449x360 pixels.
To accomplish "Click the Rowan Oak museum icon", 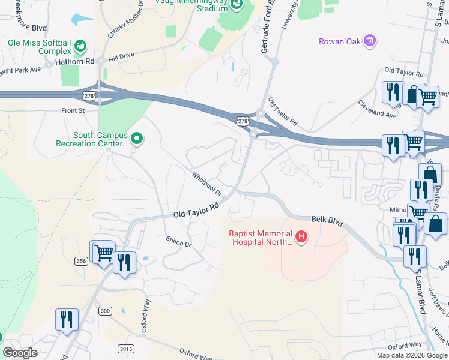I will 370,41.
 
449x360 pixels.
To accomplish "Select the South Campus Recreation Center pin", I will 137,139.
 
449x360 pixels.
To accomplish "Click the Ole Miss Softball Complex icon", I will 80,46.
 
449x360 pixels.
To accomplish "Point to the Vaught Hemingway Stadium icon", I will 237,5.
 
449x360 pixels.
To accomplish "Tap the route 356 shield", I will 82,260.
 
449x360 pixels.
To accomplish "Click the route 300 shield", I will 105,310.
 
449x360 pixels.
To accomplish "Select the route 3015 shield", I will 126,349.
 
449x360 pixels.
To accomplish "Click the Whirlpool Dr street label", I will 207,184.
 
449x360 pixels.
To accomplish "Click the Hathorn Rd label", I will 74,61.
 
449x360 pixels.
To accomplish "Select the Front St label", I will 73,110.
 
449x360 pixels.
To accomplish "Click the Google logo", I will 20,352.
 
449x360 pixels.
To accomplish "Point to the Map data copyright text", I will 411,355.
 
